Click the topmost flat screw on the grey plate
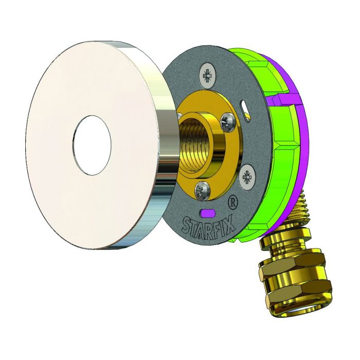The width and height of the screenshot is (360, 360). [208, 76]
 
